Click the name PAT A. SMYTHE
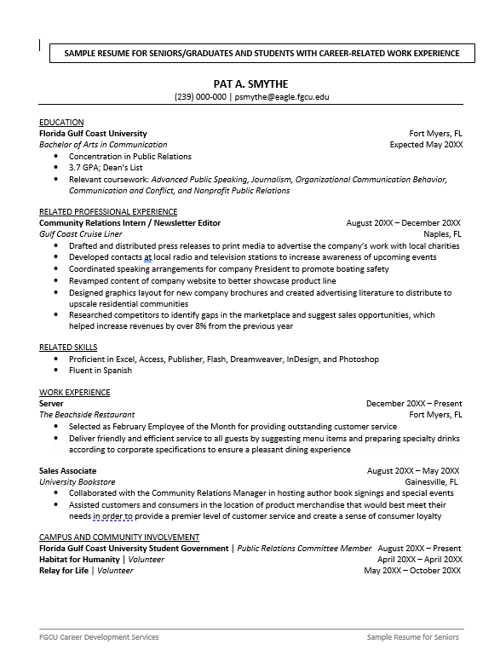coord(250,83)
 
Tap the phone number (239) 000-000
coord(200,97)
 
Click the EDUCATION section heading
coord(61,123)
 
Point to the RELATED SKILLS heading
coord(68,348)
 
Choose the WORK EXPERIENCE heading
coord(74,393)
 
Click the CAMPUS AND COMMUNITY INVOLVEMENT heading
coord(119,538)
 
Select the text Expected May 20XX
coord(426,145)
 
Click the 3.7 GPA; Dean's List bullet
coord(106,168)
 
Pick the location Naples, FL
coord(443,233)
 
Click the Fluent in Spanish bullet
coord(101,371)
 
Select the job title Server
coord(51,404)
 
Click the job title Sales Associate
coord(67,470)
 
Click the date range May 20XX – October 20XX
coord(412,571)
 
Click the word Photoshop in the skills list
coord(359,360)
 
